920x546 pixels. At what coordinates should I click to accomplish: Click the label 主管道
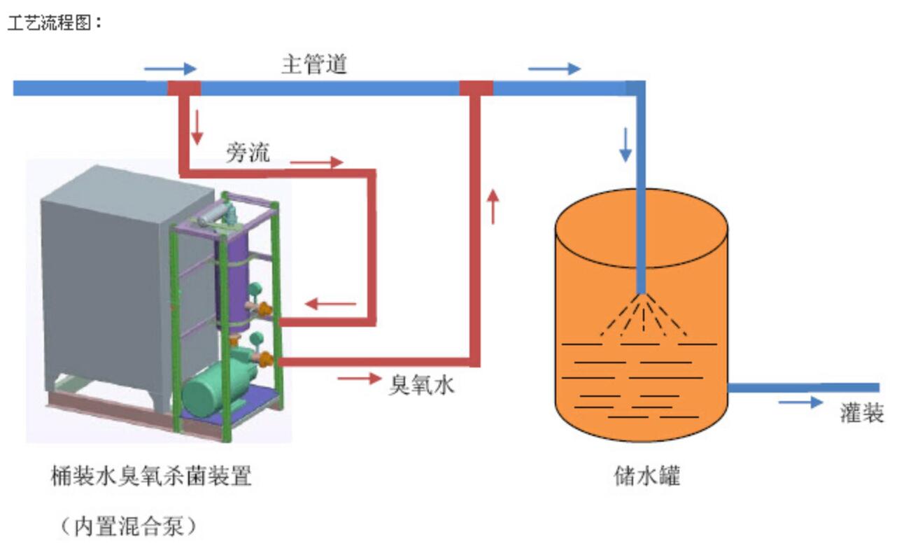coord(314,65)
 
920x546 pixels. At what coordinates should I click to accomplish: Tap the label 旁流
coord(247,153)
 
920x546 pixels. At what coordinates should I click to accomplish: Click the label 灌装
coord(862,413)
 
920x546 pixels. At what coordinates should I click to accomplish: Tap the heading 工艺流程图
coord(55,22)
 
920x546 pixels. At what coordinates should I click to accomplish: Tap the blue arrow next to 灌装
coord(800,402)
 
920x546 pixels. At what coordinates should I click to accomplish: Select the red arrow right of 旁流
coord(316,162)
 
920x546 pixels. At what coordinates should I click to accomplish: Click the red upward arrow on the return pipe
coord(494,206)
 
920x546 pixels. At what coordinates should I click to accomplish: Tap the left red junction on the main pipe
coord(184,88)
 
